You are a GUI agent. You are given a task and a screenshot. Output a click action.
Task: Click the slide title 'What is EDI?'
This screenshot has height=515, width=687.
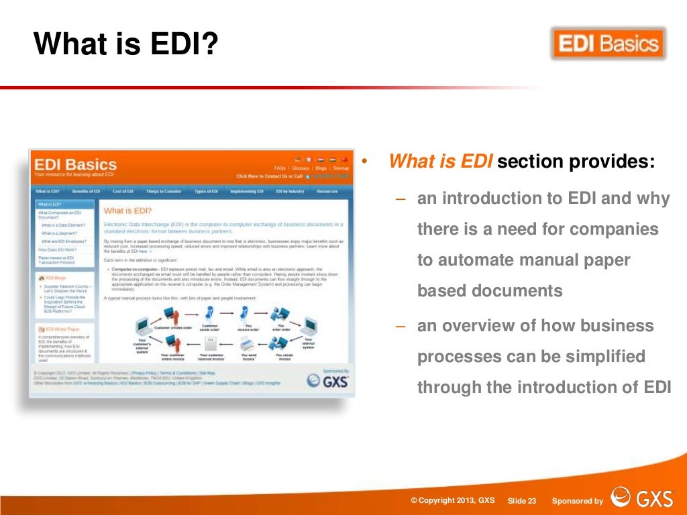126,44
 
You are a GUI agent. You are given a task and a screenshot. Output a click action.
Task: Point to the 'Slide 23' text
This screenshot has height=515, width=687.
522,501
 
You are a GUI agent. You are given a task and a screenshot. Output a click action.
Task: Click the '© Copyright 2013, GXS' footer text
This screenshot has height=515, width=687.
453,501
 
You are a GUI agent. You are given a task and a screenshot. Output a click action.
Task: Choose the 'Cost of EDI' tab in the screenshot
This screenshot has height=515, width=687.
123,191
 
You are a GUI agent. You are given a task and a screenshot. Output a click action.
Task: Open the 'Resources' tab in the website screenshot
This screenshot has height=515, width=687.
327,191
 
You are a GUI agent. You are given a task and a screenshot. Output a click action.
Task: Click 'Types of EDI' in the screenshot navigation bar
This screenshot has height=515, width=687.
206,191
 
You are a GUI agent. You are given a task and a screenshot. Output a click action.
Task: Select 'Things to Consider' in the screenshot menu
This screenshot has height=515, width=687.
164,191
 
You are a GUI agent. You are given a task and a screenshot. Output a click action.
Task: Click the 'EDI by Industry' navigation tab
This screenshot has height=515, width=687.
290,191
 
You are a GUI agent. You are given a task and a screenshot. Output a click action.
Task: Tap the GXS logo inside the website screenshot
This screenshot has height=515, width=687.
328,380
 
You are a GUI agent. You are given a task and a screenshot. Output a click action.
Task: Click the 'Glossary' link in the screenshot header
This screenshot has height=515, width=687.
300,168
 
